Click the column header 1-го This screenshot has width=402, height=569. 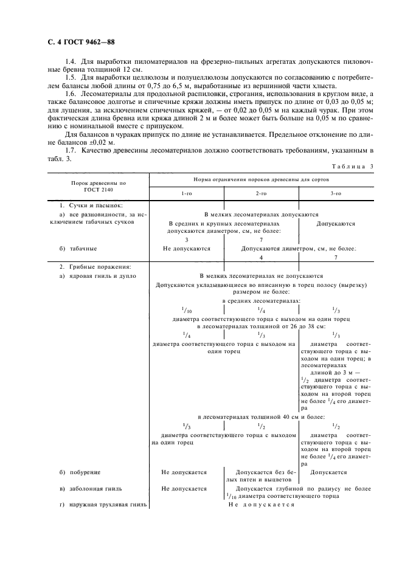coord(186,193)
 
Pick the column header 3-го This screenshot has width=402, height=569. coord(336,193)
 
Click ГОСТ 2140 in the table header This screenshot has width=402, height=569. coord(98,189)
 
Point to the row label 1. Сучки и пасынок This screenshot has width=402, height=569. coord(86,206)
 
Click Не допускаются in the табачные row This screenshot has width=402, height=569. coord(186,249)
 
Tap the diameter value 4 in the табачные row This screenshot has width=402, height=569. coord(261,258)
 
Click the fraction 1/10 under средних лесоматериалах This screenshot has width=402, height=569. coord(186,309)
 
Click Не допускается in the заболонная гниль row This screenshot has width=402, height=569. coord(184,488)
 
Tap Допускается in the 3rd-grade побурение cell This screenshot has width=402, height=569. coord(328,471)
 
